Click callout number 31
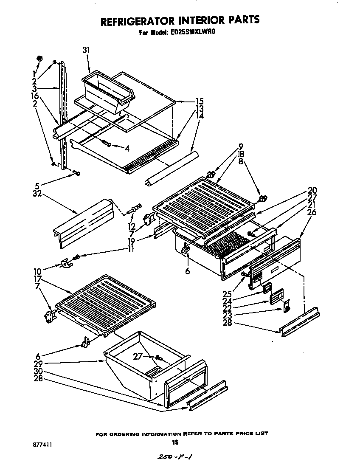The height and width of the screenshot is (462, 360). (x=86, y=50)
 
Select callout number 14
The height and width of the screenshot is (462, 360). (x=187, y=115)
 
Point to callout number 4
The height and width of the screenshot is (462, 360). (x=127, y=148)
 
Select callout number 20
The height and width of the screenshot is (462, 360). (x=312, y=190)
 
